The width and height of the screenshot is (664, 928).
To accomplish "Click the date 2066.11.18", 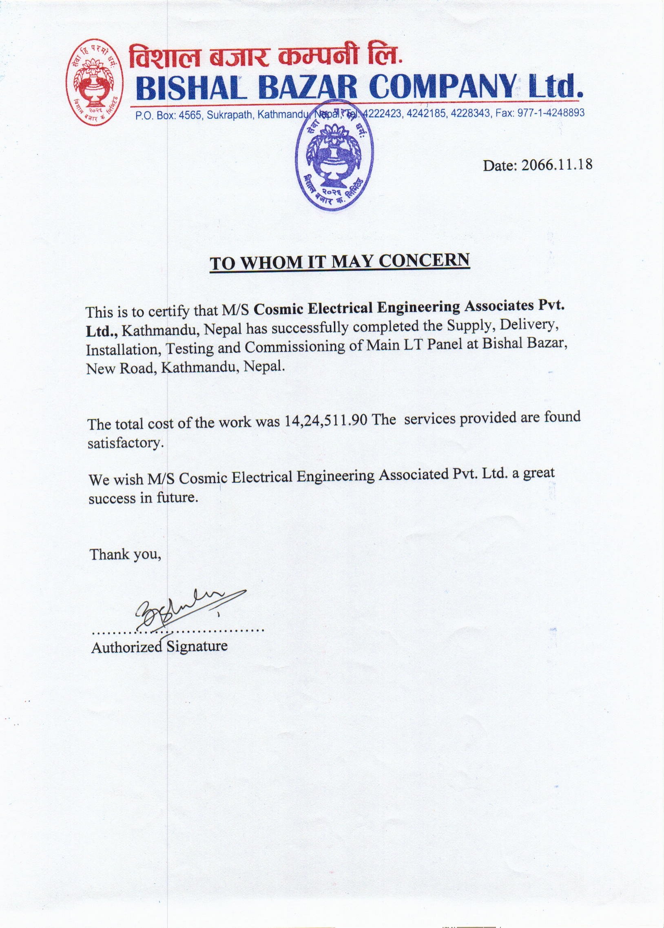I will coord(556,165).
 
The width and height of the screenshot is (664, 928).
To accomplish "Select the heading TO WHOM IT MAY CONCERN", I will coord(339,261).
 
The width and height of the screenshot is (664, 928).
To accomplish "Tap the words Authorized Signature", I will coord(159,646).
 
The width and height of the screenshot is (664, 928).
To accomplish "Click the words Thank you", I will coord(125,555).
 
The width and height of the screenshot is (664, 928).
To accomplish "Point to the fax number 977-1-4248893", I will coord(551,113).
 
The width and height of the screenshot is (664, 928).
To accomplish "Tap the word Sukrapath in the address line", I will coord(230,115).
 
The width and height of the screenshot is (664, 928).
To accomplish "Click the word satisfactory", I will coord(126,443).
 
